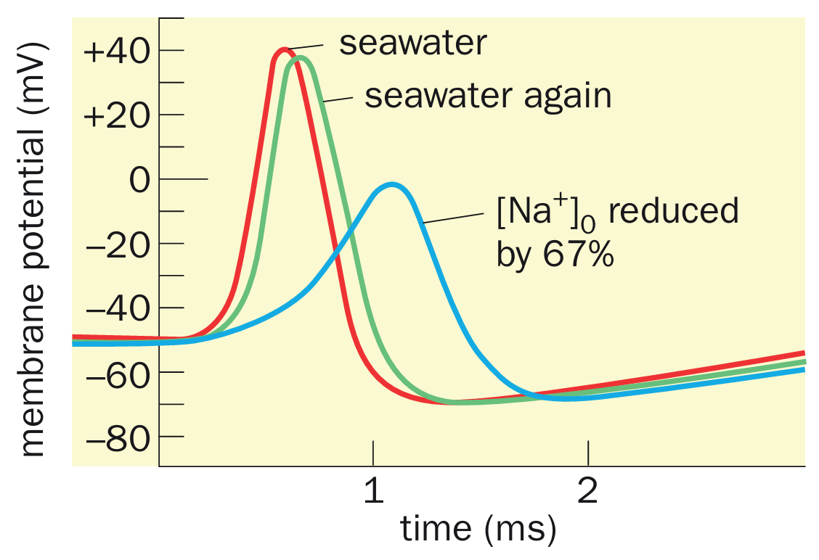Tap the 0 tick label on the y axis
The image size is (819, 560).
(139, 179)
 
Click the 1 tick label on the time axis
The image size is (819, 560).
(373, 493)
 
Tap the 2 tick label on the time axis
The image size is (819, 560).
(588, 493)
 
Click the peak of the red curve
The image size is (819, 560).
(284, 50)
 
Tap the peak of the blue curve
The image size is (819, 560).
(392, 185)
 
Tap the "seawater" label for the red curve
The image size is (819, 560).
(412, 44)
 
